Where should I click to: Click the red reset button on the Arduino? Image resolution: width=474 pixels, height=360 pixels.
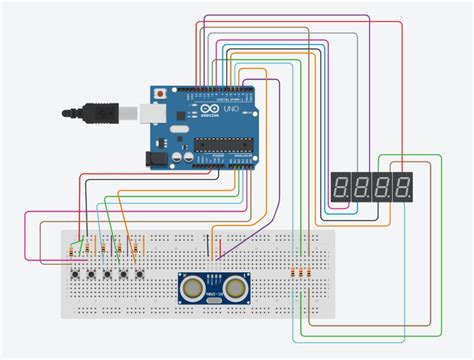[161, 91]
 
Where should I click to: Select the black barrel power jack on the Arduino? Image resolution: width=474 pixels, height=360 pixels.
[159, 157]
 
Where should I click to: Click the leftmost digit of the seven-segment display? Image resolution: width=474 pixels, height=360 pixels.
[339, 185]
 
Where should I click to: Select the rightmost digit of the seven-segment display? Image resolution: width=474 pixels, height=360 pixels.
[402, 185]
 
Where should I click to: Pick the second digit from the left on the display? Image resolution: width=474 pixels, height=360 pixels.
[360, 185]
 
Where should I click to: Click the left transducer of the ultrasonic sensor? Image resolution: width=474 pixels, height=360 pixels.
[192, 288]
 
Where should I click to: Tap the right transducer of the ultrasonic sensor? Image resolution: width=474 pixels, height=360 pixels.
[235, 288]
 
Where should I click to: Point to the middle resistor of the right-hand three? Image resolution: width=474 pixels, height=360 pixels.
[299, 271]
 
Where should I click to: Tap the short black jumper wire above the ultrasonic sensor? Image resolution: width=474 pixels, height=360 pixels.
[208, 243]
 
